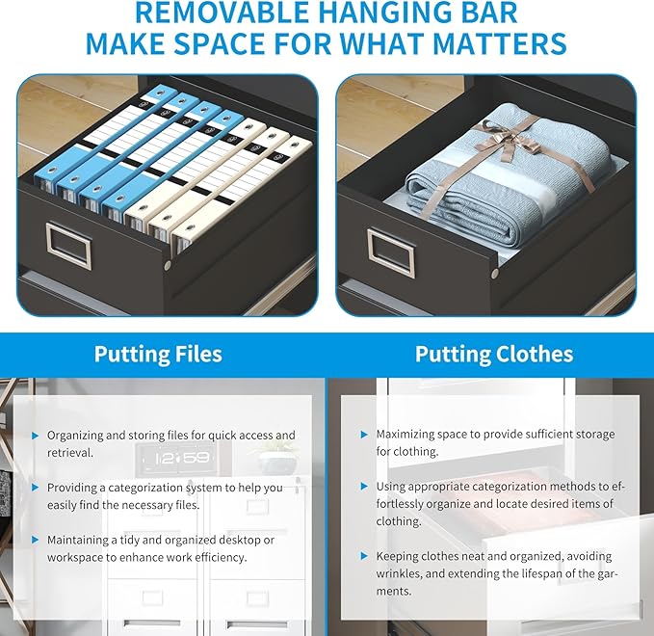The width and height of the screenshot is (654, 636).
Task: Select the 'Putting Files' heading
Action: tap(158, 355)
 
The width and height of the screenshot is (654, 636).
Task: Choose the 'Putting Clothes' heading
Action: tap(494, 355)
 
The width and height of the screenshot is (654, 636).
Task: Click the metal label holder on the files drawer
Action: tap(68, 244)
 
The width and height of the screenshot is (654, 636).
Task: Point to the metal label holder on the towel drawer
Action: tap(391, 252)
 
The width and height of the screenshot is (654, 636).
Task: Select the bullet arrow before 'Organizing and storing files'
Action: tap(36, 436)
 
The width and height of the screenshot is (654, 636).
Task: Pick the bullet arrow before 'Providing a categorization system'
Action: tap(36, 488)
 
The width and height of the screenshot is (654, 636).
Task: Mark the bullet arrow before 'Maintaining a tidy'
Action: tap(36, 540)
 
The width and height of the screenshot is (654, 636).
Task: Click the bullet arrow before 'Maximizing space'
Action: tap(364, 435)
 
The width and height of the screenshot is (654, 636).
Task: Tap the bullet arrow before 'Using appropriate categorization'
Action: tap(364, 487)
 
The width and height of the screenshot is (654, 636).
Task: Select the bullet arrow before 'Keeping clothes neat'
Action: tap(364, 556)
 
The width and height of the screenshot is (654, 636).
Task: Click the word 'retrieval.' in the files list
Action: tap(70, 453)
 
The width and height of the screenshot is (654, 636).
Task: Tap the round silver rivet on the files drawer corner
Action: tap(168, 265)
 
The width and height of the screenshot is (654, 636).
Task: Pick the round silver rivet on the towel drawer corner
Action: tap(495, 274)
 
